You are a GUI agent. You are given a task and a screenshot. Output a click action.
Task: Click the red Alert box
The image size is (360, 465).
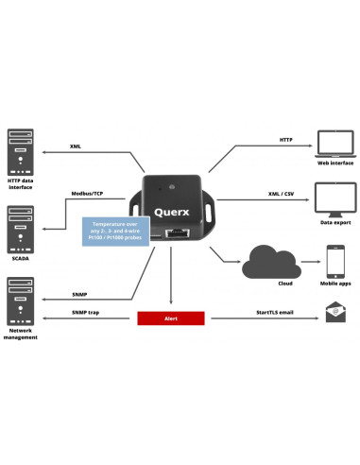(x=171, y=319)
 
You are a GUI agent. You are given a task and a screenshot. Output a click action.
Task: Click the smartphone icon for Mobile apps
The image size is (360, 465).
(x=335, y=260)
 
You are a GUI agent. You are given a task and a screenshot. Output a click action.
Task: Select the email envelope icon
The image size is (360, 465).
(x=335, y=312)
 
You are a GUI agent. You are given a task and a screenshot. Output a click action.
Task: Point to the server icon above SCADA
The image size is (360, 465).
(x=21, y=215)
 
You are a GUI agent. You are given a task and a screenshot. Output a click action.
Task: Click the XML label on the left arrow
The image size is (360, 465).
(x=76, y=147)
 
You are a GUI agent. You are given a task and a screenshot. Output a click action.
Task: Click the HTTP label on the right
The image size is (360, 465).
(x=286, y=139)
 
